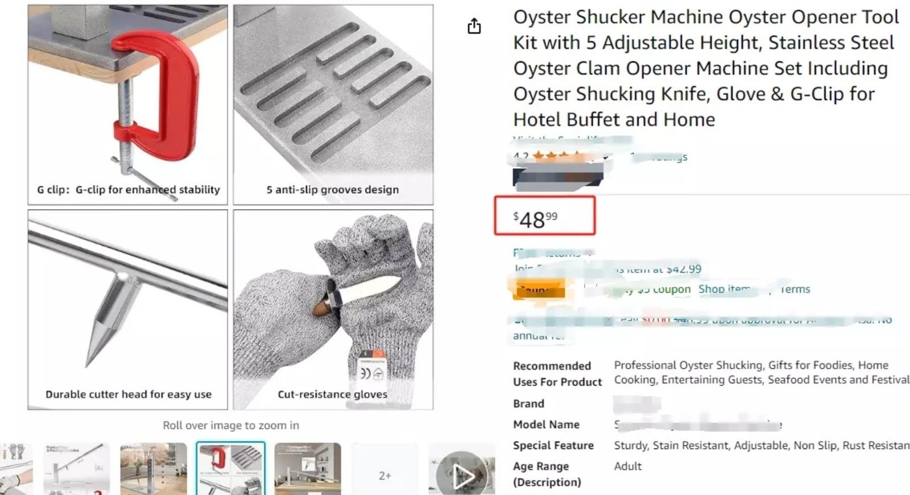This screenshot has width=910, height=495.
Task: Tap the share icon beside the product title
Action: pos(474,26)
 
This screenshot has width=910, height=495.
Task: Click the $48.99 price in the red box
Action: pos(535,219)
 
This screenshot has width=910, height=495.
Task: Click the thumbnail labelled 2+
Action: pos(385,475)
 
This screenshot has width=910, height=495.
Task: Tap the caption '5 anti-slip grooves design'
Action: pos(333,189)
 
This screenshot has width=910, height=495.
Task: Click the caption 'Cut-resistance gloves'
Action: pos(332,394)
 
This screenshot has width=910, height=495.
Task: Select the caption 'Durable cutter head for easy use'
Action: pos(129,394)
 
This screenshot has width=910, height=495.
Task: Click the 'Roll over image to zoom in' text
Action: pos(230,425)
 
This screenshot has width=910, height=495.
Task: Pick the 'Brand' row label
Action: pos(528,404)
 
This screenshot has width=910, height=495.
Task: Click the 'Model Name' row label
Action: pos(546,425)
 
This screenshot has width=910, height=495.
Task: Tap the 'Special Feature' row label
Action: pos(553,445)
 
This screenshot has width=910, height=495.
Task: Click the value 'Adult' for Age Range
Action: pos(627,466)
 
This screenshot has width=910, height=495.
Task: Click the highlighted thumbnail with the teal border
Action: pos(230,468)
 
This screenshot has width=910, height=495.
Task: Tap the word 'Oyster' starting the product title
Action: pos(542,17)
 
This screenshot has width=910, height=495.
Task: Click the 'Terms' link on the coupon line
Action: pos(795,289)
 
